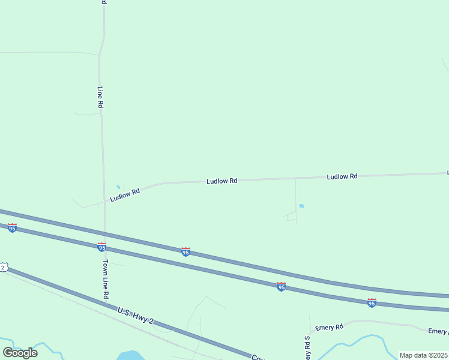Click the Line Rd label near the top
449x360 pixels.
pos(100,97)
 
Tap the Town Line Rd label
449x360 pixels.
pos(105,280)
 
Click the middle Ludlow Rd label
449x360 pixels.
pos(222,181)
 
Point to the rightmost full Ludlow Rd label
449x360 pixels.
pos(342,176)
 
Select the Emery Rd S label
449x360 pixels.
pos(307,347)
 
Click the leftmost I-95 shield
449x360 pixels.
pos(12,228)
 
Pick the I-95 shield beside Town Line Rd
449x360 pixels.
pos(101,247)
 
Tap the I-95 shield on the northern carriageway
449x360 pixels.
pos(186,252)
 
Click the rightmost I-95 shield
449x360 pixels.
pos(372,303)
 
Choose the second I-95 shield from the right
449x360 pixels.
pos(281,287)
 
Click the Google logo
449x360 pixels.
pos(20,352)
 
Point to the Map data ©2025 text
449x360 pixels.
pos(423,355)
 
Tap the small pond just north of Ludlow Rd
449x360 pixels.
pos(118,187)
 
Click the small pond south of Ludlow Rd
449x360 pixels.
pos(301,206)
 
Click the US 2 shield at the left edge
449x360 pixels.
pos(3,267)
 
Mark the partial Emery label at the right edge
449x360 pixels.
pos(438,331)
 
